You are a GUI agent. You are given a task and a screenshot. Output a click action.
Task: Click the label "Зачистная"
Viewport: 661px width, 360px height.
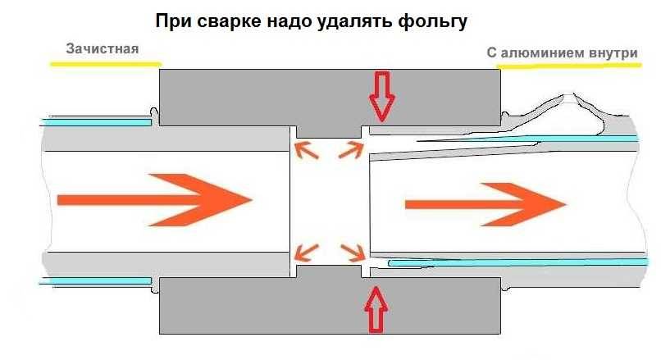tap(103, 49)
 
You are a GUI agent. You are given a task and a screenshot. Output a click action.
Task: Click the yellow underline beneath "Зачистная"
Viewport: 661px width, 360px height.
tap(105, 63)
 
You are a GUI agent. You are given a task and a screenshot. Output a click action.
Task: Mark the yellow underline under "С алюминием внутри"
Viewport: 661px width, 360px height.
tap(567, 66)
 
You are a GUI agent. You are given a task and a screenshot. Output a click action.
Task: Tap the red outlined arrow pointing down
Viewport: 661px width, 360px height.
tap(381, 96)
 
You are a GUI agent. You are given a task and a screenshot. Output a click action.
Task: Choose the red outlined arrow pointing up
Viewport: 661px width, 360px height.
tap(376, 309)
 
